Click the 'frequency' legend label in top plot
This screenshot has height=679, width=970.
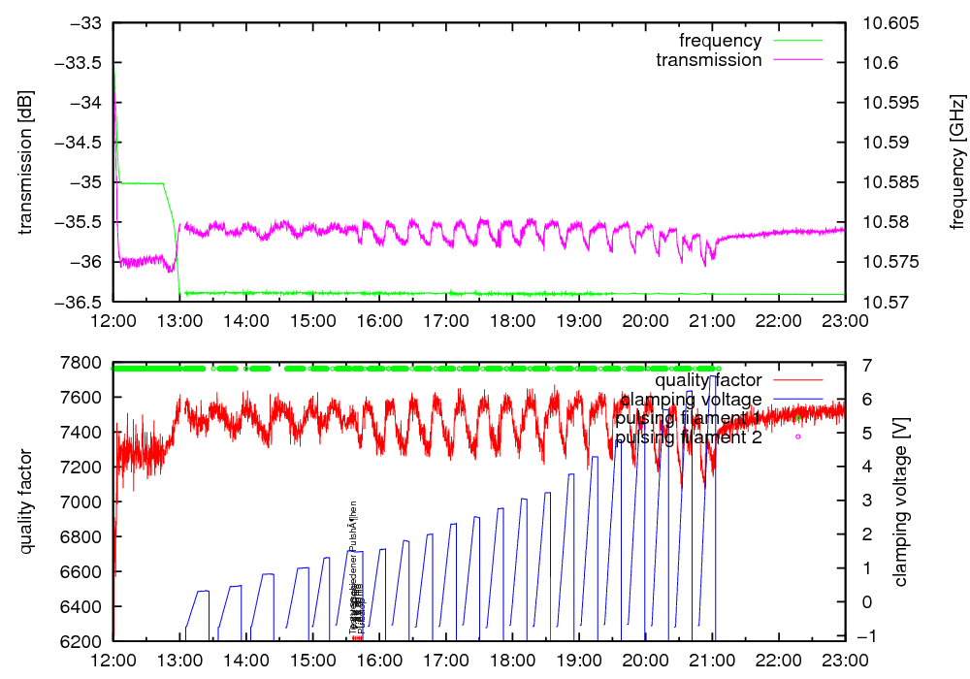coord(720,41)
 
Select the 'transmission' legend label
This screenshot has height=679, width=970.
coord(708,60)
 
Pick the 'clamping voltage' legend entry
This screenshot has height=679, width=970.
coord(692,399)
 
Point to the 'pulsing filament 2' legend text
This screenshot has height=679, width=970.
coord(688,437)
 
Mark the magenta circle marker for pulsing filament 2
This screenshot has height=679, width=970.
coord(797,437)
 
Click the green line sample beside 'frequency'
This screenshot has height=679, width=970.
coord(795,41)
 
